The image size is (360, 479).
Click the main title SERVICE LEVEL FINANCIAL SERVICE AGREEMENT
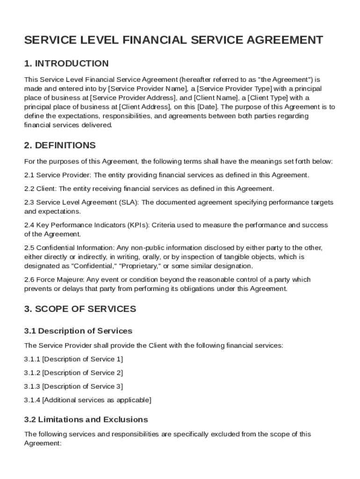tap(173, 40)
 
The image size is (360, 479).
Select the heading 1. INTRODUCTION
tap(66, 64)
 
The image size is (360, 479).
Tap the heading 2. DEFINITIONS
tap(60, 145)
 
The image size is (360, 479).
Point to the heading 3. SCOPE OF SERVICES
tap(80, 309)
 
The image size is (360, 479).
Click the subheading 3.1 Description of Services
tap(78, 331)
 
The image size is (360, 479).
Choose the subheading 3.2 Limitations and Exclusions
tap(86, 420)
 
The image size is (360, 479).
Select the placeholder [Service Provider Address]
tap(133, 98)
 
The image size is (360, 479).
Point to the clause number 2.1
tap(29, 175)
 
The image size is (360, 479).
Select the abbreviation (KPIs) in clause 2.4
tap(137, 225)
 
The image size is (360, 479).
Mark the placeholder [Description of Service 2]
tap(83, 373)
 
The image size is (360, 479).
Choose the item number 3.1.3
tap(32, 386)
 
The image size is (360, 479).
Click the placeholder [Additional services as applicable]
tap(97, 400)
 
